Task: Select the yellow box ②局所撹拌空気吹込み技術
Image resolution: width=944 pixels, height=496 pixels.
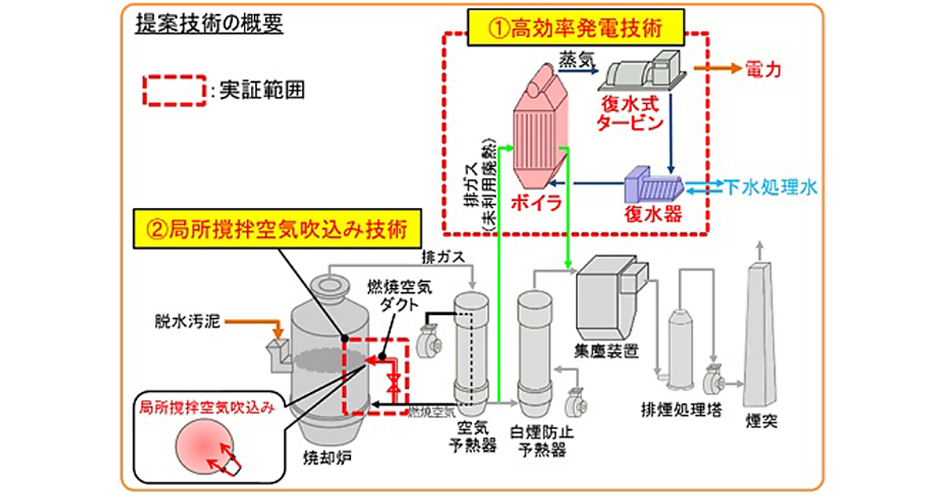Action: point(278,231)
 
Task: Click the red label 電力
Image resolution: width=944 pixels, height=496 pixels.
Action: point(761,69)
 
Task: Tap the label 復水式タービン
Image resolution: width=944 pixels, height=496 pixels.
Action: point(630,115)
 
